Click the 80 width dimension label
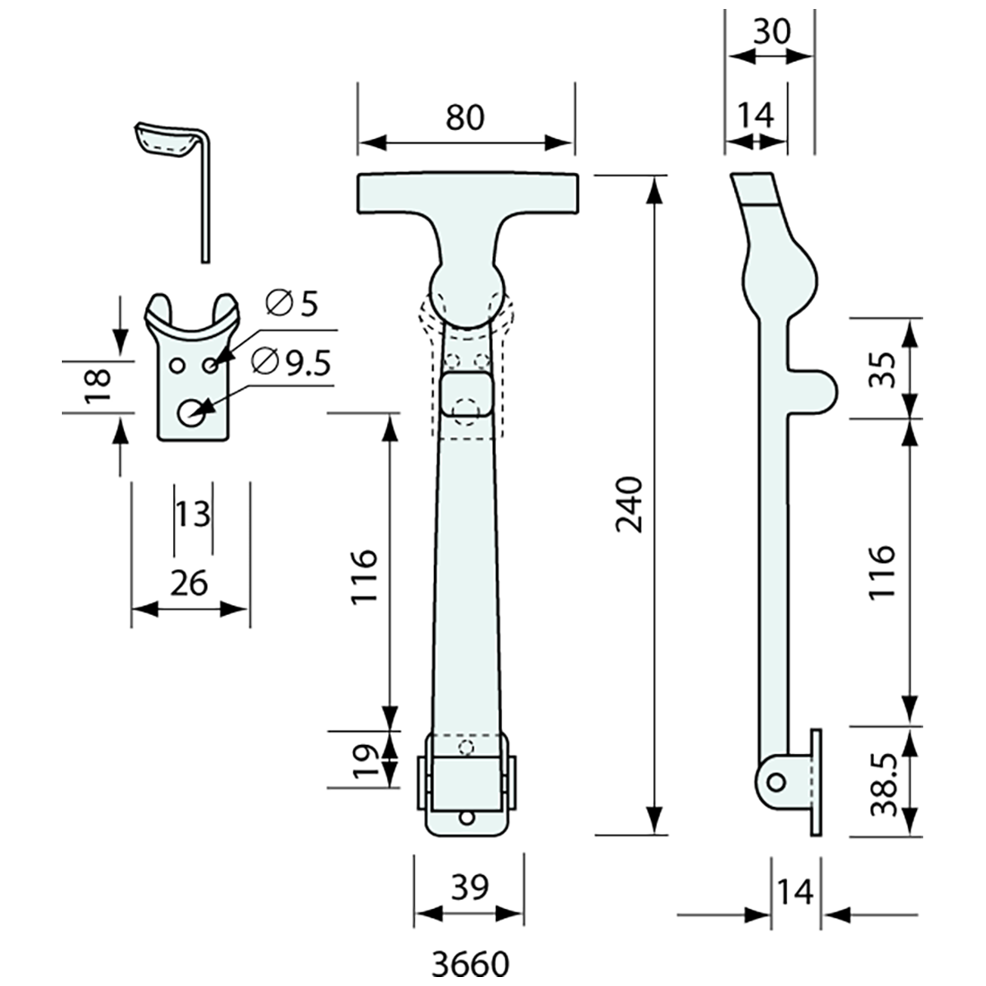tap(464, 118)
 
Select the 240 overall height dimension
tap(630, 505)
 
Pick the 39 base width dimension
tap(469, 887)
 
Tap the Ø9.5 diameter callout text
tap(292, 363)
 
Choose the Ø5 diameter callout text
tap(291, 305)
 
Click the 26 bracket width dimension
tap(189, 583)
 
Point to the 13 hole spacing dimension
tap(193, 515)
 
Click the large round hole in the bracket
tap(190, 413)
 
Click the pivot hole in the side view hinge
tap(776, 782)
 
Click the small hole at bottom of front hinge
tap(466, 817)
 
